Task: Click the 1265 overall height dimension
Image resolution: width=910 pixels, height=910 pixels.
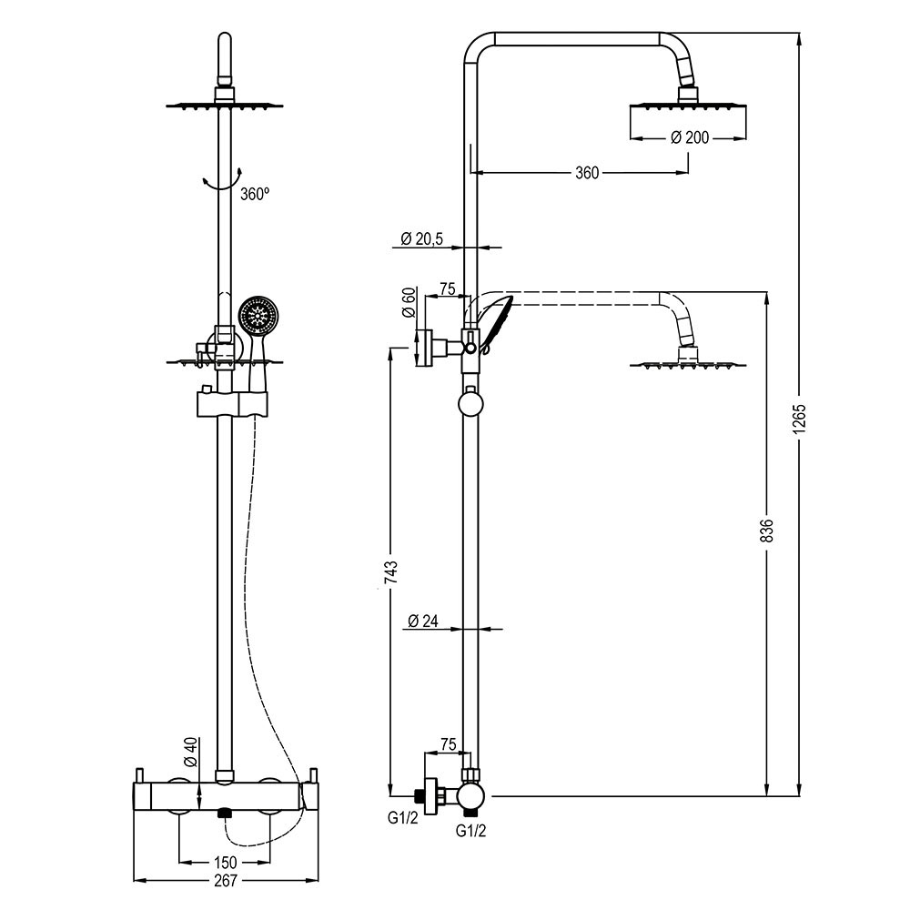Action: pos(800,420)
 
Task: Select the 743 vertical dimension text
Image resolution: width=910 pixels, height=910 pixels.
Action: pos(389,571)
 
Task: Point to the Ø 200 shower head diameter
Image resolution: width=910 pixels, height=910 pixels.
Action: pos(690,137)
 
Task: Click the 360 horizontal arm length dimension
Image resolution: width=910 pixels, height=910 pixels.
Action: pos(587,173)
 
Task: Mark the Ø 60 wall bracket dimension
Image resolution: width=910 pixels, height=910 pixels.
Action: pos(409,301)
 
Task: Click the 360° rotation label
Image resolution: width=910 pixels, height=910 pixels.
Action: pos(256,194)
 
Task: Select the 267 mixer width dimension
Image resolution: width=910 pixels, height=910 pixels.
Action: pos(225,880)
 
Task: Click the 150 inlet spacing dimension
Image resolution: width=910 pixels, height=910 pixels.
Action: pos(225,862)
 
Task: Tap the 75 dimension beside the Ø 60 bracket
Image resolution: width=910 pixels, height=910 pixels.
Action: pos(447,289)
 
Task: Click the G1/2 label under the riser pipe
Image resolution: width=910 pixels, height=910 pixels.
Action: pos(470,830)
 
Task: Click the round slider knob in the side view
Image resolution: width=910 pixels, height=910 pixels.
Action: pos(471,401)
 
